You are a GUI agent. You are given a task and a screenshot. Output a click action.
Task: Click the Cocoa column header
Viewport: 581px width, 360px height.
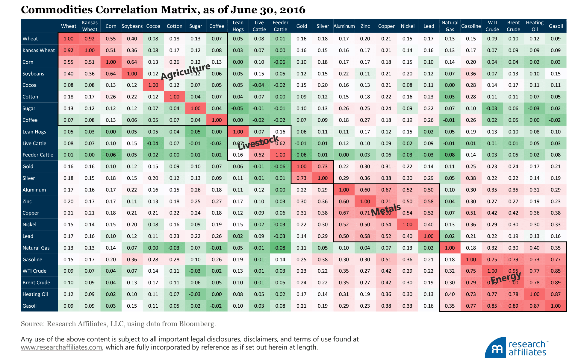click(x=153, y=26)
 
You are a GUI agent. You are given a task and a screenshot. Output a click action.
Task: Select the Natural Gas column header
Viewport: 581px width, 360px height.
click(x=450, y=26)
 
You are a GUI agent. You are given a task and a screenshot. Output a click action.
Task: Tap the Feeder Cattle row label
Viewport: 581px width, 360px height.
click(x=38, y=155)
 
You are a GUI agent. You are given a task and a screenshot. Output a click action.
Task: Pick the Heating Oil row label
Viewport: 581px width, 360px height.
click(x=35, y=294)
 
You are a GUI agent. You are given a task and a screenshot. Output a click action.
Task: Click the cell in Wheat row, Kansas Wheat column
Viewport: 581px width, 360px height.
click(x=90, y=39)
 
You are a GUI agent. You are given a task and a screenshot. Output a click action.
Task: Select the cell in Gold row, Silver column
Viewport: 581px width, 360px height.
click(x=323, y=166)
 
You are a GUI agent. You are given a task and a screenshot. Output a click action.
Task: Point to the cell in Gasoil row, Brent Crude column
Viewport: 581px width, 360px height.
click(x=513, y=306)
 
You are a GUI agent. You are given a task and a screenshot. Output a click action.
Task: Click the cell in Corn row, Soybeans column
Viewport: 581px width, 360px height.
click(x=132, y=62)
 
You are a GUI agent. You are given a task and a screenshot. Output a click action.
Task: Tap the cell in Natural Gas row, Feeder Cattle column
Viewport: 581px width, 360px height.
click(x=280, y=248)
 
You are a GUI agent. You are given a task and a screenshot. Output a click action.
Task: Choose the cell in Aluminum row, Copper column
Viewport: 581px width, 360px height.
click(x=386, y=190)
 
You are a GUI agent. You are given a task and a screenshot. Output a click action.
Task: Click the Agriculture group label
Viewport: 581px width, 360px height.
click(x=186, y=71)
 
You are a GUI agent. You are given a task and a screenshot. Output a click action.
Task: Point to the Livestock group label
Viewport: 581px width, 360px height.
click(x=258, y=142)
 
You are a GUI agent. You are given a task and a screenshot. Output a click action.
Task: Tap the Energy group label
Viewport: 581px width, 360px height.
click(x=506, y=278)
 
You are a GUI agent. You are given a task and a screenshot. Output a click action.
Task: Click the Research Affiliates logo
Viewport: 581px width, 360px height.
click(x=517, y=348)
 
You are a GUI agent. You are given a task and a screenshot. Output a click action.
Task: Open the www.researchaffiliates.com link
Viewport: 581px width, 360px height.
click(x=61, y=347)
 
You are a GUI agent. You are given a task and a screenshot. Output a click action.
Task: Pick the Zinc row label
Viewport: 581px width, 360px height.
click(x=27, y=201)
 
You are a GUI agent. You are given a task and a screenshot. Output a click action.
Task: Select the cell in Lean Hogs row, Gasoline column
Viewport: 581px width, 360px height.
click(x=471, y=132)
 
